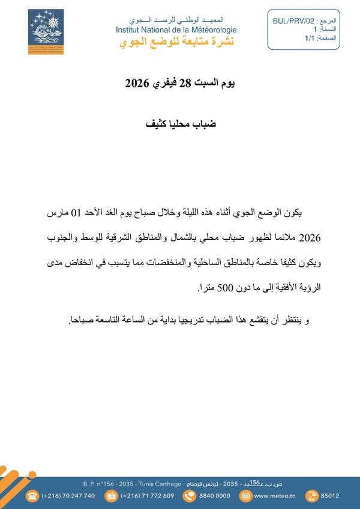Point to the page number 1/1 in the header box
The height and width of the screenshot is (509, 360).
point(309,38)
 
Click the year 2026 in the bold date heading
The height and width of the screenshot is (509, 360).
point(137,83)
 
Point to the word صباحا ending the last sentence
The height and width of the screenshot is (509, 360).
point(83,320)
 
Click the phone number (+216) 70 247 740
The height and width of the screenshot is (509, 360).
point(68,496)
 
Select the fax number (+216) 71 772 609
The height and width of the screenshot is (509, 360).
point(148,496)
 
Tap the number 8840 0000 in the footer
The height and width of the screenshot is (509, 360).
point(214,496)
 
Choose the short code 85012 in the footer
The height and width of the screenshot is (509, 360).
point(330,496)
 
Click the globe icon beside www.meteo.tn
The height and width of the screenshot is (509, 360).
point(244,496)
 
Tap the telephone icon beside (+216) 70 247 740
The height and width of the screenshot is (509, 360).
point(31,496)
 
